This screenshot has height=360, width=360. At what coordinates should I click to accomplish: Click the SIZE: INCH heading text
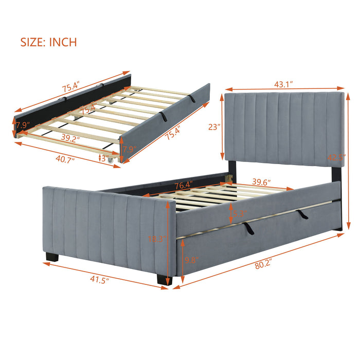coord(49,42)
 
